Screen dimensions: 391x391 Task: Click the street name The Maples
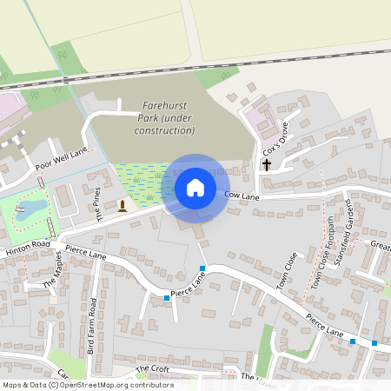pos(55,272)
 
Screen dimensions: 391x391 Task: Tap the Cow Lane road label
pos(243,195)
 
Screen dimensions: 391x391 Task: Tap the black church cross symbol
pos(266,163)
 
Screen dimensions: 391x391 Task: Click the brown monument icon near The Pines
pos(123,205)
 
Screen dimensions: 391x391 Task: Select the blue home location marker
pos(195,187)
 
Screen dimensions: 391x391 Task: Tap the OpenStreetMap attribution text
pos(87,385)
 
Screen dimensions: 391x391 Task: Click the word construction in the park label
pos(164,130)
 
